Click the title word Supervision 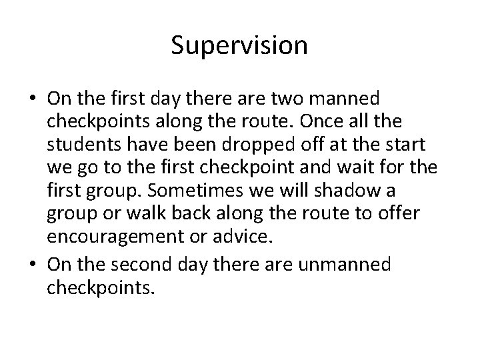pos(239,45)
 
